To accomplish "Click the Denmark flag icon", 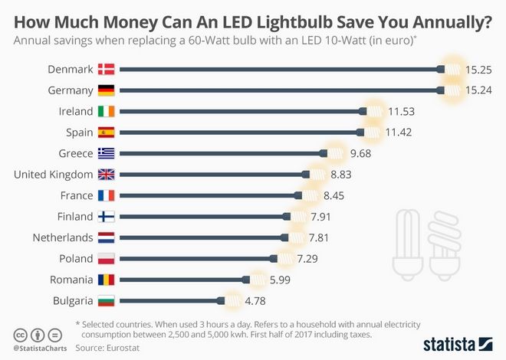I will [x=106, y=69].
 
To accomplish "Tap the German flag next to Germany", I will [x=106, y=90].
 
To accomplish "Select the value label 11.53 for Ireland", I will [x=401, y=111].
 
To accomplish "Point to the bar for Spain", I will [x=238, y=132].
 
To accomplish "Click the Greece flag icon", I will [x=106, y=153].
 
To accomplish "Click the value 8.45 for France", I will [x=340, y=195].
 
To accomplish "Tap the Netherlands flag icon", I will [x=106, y=237].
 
